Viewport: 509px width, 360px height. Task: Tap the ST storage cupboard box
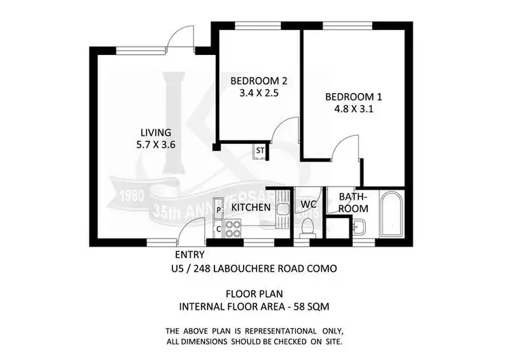pos(259,151)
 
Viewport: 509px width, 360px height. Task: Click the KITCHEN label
pos(251,207)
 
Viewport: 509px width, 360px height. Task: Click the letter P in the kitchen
pos(218,211)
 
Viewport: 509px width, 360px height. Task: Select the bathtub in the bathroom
pos(392,216)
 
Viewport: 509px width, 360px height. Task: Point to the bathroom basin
pos(360,227)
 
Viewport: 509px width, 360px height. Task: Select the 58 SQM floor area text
pos(313,306)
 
